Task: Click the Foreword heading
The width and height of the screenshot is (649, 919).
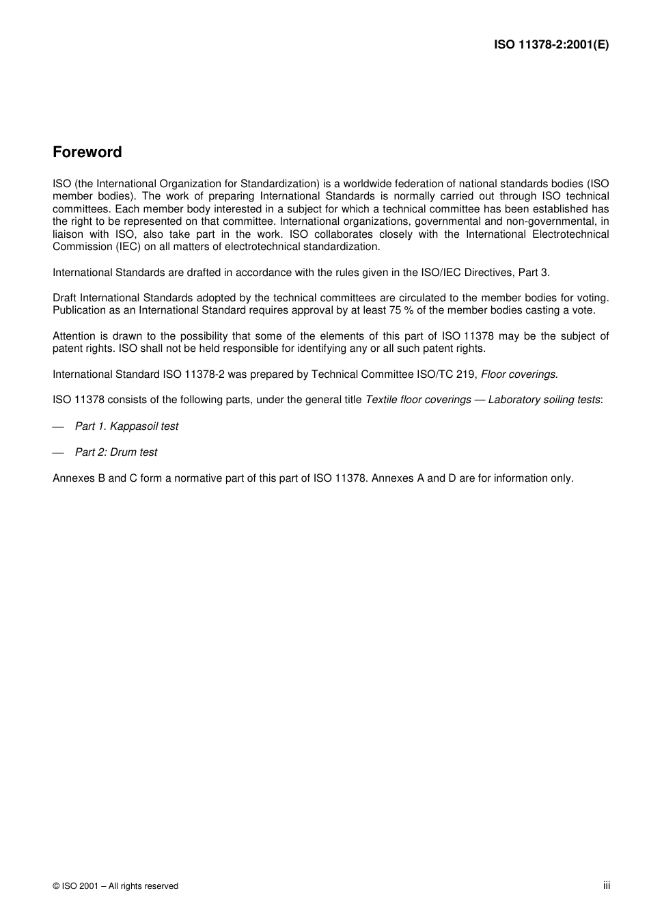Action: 87,152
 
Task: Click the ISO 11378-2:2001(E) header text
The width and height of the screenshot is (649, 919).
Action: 551,45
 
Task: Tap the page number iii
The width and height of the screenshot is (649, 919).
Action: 606,885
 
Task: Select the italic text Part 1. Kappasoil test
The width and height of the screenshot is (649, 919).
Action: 126,426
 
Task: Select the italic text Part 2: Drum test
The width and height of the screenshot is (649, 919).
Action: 116,452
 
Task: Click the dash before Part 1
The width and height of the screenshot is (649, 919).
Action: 58,426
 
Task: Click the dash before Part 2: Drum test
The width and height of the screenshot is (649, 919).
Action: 58,452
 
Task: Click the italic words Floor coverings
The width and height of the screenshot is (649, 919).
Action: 519,374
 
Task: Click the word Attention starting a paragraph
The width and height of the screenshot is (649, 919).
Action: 74,335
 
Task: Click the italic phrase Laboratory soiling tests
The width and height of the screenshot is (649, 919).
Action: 544,400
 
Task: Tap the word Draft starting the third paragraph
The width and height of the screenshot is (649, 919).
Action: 65,298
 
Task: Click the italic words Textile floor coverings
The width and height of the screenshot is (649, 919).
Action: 418,400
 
